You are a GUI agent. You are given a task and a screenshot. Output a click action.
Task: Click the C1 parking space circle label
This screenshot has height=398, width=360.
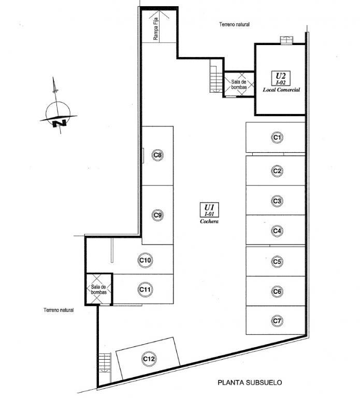click(277, 137)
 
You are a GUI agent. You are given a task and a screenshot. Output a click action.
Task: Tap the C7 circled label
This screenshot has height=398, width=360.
click(277, 321)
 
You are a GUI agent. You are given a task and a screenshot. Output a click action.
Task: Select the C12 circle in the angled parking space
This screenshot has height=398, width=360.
click(149, 359)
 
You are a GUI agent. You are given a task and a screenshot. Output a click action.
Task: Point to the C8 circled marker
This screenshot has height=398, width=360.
click(157, 155)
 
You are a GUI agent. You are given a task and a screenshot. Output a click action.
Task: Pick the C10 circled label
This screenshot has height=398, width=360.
click(146, 260)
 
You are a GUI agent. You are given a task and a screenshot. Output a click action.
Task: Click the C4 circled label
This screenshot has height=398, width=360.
click(277, 231)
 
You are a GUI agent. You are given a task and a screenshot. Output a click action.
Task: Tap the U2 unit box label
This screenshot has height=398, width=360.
click(281, 78)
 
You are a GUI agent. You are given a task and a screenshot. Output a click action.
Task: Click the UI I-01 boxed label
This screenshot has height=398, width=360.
click(209, 210)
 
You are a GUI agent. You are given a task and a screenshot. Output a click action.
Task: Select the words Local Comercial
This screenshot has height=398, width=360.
click(281, 90)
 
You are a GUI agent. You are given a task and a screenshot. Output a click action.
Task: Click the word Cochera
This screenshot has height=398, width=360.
click(209, 221)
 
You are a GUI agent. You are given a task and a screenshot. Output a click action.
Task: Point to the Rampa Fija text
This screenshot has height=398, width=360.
click(156, 29)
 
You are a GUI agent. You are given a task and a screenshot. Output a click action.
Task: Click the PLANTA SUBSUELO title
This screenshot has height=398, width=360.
click(250, 382)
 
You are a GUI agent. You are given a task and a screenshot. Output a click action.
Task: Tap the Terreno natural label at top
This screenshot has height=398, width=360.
click(235, 24)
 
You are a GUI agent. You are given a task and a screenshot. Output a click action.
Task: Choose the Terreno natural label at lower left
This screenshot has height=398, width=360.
click(59, 310)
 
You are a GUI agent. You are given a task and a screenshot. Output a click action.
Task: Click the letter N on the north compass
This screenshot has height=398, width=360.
click(60, 123)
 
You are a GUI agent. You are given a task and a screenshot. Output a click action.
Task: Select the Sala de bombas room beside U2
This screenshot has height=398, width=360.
click(239, 84)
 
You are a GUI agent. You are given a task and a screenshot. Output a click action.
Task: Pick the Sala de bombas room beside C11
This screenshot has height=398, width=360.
click(99, 289)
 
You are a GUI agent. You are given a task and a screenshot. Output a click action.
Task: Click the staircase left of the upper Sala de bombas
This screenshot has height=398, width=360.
click(216, 76)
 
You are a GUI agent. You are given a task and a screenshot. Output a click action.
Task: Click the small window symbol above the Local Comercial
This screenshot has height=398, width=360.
click(286, 40)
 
